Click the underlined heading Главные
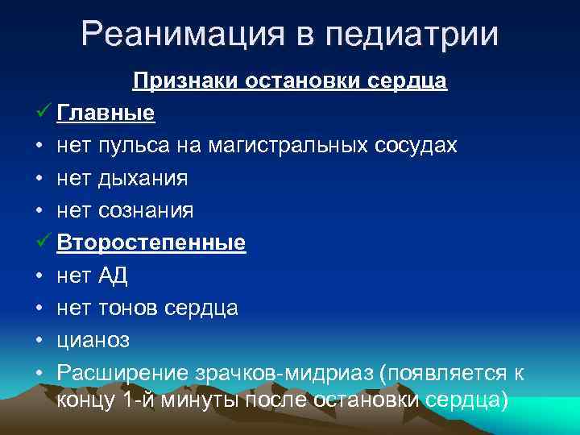[x=106, y=114]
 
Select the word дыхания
[x=143, y=178]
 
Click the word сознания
[x=147, y=210]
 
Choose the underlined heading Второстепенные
[x=151, y=242]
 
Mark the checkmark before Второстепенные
[x=43, y=242]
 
